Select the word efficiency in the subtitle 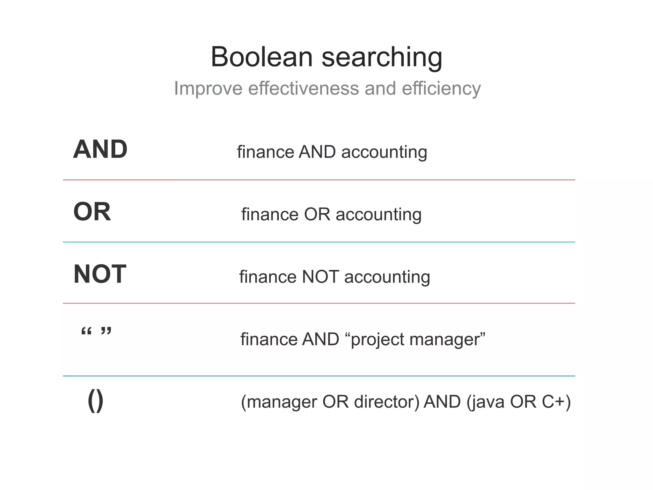441,89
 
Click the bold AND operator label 100,149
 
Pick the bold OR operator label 92,212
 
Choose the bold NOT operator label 100,274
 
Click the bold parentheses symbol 95,400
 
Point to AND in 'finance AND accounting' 317,152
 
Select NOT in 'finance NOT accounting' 320,276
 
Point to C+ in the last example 553,402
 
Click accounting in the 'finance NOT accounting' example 387,277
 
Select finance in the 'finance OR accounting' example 270,214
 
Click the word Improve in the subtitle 208,88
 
